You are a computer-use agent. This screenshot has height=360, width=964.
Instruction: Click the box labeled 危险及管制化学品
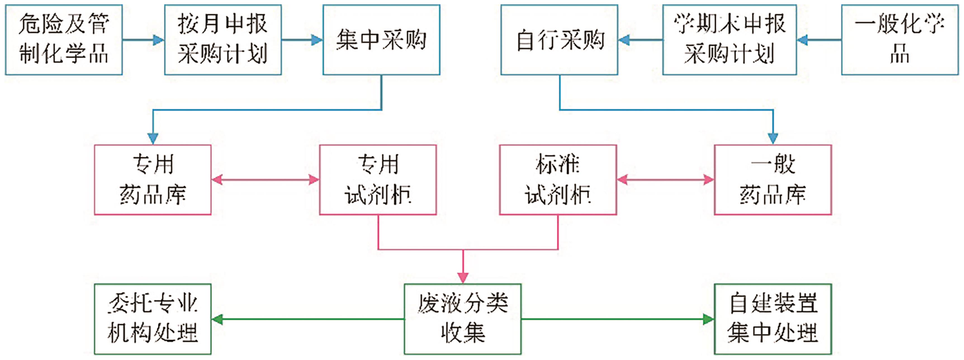point(64,40)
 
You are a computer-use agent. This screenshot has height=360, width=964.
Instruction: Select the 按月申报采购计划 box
point(223,40)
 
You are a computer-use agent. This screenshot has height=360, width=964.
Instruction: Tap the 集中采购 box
point(381,40)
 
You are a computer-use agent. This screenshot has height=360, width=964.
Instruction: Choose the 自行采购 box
point(559,40)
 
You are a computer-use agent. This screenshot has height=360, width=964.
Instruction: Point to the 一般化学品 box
point(900,40)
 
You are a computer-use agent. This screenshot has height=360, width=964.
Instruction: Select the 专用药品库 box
point(153,180)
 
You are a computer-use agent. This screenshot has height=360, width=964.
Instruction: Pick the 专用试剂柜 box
point(378,180)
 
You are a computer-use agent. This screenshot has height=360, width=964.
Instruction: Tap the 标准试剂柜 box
point(558,180)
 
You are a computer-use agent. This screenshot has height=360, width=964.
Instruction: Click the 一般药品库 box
point(773,180)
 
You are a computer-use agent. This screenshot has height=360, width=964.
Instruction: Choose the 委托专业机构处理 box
point(153,319)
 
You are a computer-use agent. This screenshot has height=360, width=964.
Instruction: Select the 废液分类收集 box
point(463,319)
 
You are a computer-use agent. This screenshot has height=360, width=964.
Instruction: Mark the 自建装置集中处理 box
point(773,319)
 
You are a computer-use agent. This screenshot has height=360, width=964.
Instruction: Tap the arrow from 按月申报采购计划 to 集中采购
point(302,40)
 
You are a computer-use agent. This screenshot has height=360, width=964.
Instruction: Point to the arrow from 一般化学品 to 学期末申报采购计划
point(819,40)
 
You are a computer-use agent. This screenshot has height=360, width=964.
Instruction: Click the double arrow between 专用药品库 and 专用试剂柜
point(265,180)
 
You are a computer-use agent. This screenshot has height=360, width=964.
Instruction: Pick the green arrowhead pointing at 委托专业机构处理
point(217,319)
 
